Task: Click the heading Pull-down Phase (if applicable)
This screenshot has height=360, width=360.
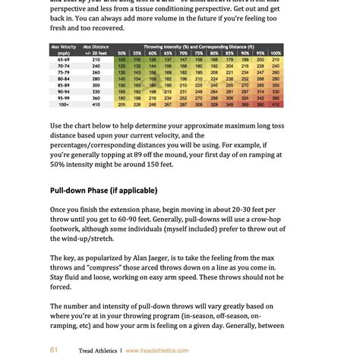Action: (x=103, y=190)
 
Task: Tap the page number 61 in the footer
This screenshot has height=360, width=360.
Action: (x=54, y=350)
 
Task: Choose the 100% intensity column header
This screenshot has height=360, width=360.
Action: (x=275, y=53)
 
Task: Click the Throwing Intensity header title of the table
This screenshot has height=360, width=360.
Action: (x=197, y=46)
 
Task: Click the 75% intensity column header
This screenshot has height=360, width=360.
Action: (x=197, y=53)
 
